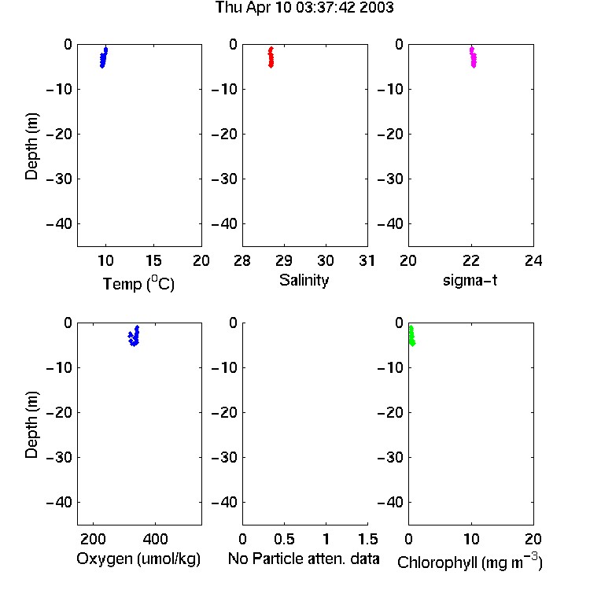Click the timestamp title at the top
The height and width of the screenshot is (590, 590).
[304, 8]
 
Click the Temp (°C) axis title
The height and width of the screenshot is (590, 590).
[138, 283]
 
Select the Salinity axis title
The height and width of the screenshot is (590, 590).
[304, 280]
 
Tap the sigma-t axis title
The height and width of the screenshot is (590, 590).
[470, 280]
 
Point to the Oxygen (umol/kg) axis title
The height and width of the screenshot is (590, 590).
[138, 559]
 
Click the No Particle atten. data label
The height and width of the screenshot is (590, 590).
[304, 559]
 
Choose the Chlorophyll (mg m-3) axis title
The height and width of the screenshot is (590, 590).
[470, 562]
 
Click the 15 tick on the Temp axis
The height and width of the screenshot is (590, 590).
[153, 260]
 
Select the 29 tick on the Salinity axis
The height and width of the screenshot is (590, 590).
[284, 260]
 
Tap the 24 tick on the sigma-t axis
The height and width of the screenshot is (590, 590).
[533, 260]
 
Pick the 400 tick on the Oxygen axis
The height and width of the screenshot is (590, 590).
[155, 539]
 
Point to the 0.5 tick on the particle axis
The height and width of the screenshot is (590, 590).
[284, 539]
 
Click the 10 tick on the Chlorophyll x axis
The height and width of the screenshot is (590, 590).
[471, 539]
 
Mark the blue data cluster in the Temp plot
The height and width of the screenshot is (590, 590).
[104, 57]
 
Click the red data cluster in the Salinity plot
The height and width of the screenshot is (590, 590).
[271, 57]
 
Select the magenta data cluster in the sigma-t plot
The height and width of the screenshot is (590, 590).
[473, 57]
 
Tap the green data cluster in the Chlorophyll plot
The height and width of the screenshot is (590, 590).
[412, 336]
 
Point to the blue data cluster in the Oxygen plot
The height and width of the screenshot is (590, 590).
[134, 336]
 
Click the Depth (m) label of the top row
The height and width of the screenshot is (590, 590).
[31, 146]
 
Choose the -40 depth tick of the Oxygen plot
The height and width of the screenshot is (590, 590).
[59, 502]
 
